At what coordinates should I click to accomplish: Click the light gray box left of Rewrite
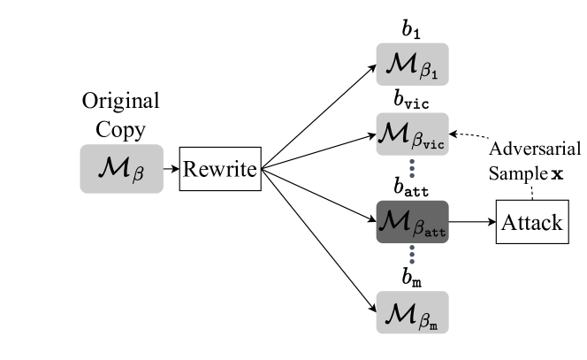point(121,169)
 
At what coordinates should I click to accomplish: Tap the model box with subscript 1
point(412,64)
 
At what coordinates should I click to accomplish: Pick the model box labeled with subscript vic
point(412,135)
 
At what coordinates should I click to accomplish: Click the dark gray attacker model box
point(412,222)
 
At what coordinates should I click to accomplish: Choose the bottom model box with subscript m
point(412,312)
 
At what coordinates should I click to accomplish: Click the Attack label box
point(531,222)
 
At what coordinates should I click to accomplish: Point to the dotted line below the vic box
point(412,170)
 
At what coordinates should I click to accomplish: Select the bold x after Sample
point(557,174)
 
